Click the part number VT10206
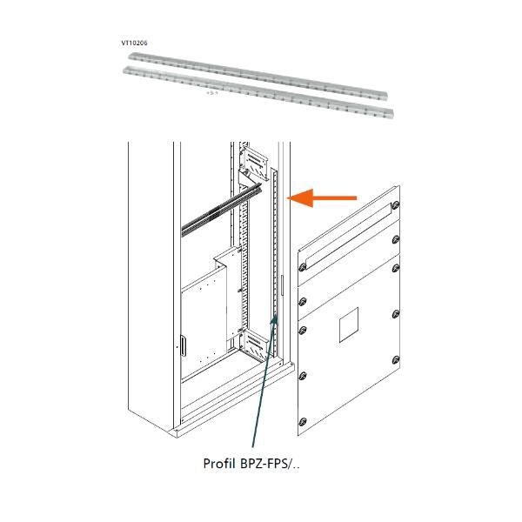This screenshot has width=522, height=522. point(134,41)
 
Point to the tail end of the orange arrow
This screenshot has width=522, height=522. point(355,198)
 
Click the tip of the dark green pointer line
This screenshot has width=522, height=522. point(277,318)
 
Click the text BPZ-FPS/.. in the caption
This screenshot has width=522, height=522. point(271,464)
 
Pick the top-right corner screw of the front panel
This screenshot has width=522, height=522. point(397,205)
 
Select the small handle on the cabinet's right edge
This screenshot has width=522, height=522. point(283,284)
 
